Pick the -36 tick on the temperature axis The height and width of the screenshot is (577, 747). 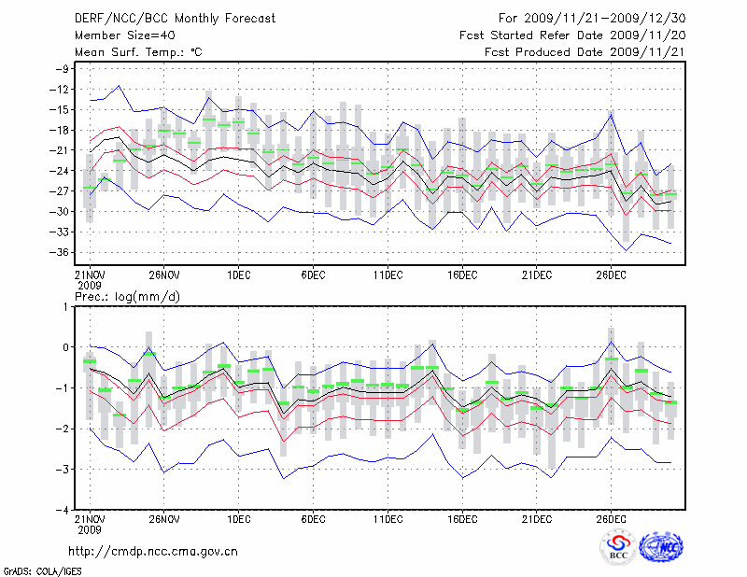(x=63, y=252)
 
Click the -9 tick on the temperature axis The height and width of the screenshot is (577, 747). (x=64, y=69)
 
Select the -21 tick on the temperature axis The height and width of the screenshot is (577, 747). (x=63, y=150)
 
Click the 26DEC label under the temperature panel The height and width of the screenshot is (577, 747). (x=610, y=274)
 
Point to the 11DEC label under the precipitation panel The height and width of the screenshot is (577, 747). (x=387, y=518)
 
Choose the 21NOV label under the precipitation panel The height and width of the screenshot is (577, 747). (x=90, y=518)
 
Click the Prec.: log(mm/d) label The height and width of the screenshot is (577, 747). (x=128, y=297)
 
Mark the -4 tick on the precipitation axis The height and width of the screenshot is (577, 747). (x=64, y=509)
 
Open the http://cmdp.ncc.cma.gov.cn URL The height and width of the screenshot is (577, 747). (x=154, y=551)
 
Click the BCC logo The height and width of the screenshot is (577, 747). (x=618, y=547)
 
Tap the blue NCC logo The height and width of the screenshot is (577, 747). (x=661, y=547)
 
